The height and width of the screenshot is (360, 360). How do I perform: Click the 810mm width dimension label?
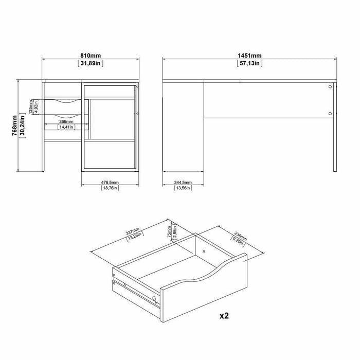(x=90, y=55)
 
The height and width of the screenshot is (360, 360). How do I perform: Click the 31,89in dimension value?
(x=90, y=64)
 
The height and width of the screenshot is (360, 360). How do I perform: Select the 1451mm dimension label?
(x=248, y=55)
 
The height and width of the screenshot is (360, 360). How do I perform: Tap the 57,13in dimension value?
(x=248, y=64)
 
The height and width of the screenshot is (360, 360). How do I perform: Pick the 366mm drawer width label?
(x=66, y=121)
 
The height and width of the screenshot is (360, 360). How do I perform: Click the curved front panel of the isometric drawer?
(x=206, y=288)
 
